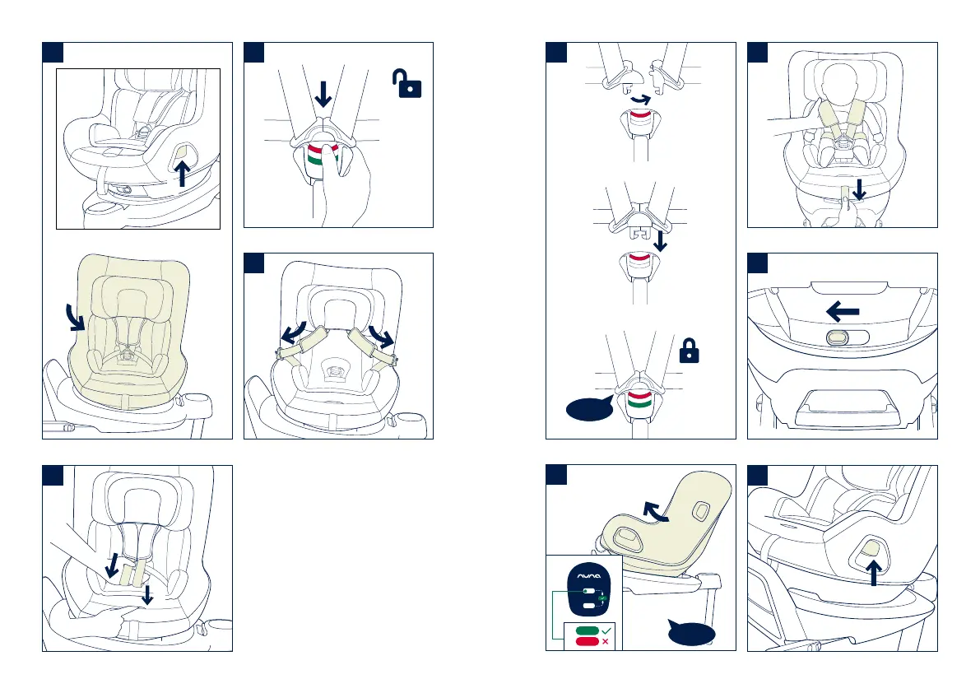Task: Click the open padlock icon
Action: click(408, 84)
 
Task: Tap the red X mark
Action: click(605, 641)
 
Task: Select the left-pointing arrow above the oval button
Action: click(842, 311)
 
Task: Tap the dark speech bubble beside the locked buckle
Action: click(588, 407)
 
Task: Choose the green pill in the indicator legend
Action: click(588, 630)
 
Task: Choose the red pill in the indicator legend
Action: click(588, 641)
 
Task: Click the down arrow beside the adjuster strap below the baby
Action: click(858, 190)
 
